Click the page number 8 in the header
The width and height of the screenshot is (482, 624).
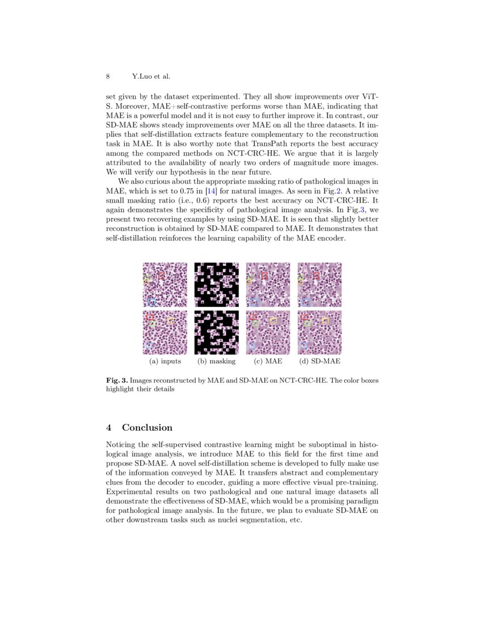click(108, 76)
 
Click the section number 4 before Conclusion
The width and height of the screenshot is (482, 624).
click(109, 427)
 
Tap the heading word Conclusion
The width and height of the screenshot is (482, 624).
click(147, 427)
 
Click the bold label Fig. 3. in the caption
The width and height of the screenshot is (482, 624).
click(117, 380)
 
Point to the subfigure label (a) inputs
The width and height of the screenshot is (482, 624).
click(165, 361)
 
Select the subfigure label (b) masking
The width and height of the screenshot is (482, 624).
click(216, 361)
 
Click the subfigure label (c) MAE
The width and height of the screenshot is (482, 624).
click(268, 361)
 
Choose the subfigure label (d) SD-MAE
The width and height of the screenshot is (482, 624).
click(320, 361)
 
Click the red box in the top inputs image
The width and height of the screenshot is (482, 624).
click(162, 275)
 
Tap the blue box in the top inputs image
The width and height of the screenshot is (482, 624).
click(151, 302)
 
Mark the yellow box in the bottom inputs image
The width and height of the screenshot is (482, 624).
click(170, 321)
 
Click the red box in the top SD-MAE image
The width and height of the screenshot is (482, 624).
click(316, 275)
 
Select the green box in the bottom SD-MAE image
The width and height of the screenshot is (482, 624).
click(307, 323)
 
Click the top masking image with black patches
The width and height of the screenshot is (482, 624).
click(217, 284)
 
